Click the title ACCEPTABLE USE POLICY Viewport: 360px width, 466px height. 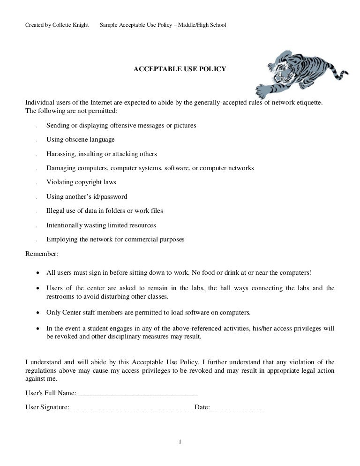click(180, 69)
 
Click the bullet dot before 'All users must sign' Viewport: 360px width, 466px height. click(37, 273)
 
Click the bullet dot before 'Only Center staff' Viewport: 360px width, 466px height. click(37, 313)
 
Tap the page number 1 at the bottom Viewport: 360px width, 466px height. click(180, 441)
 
